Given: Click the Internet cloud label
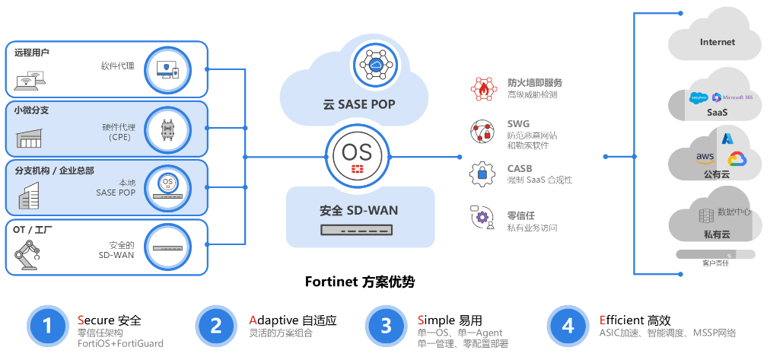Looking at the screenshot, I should click(717, 42).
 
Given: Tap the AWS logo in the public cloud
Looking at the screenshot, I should click(704, 158).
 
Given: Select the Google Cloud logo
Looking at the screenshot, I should click(736, 159).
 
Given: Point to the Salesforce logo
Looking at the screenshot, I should click(698, 97).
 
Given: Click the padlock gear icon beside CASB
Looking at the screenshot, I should click(482, 174).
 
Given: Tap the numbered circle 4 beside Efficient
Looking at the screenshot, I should click(568, 326).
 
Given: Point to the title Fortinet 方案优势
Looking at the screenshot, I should click(360, 282).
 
